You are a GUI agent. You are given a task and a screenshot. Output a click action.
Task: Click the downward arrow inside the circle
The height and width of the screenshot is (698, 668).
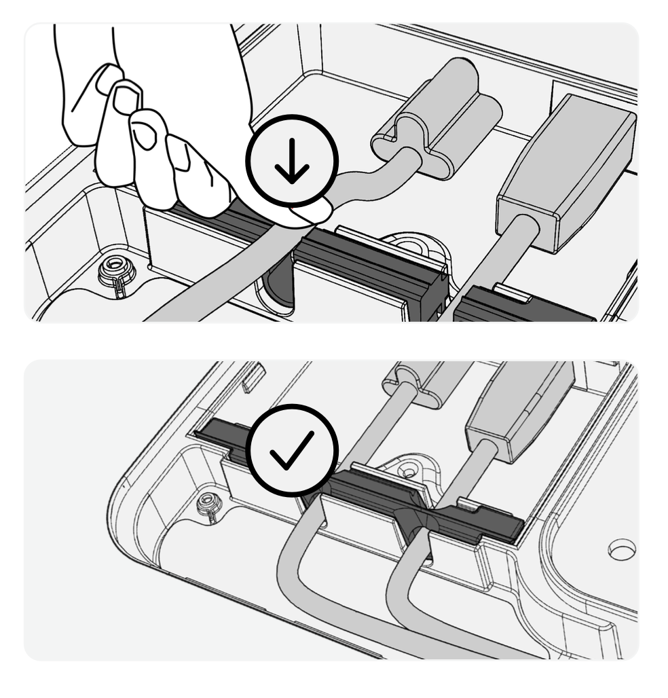tap(292, 162)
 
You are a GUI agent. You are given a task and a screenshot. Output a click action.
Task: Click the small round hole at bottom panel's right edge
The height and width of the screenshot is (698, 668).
tap(621, 549)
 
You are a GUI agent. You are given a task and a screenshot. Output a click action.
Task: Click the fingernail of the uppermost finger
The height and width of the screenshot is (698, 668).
tap(107, 79)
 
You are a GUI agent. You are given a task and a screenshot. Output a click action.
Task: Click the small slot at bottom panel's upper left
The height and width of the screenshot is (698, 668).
tap(252, 377)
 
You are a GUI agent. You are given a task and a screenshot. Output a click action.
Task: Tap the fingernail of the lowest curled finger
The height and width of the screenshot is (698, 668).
tap(181, 156)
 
